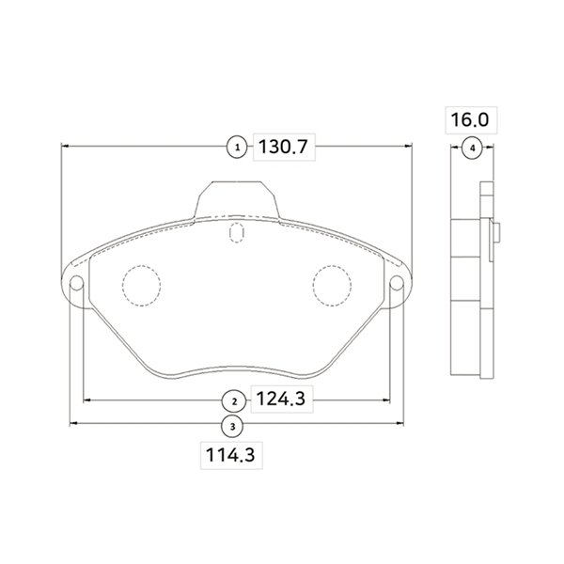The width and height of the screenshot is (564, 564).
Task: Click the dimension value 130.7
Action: (284, 147)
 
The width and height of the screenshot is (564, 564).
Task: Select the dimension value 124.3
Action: (281, 399)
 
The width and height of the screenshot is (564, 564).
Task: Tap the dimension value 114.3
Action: (230, 455)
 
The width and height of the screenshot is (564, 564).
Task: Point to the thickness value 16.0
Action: (470, 119)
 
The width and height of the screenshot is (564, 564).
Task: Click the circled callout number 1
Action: (237, 148)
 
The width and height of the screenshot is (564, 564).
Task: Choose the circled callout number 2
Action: (234, 401)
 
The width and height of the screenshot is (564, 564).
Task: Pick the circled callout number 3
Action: (233, 427)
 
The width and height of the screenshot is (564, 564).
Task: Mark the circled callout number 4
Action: (473, 148)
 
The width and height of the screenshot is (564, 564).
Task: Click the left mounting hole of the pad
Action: (76, 283)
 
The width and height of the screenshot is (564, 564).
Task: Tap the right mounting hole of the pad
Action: (397, 283)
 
